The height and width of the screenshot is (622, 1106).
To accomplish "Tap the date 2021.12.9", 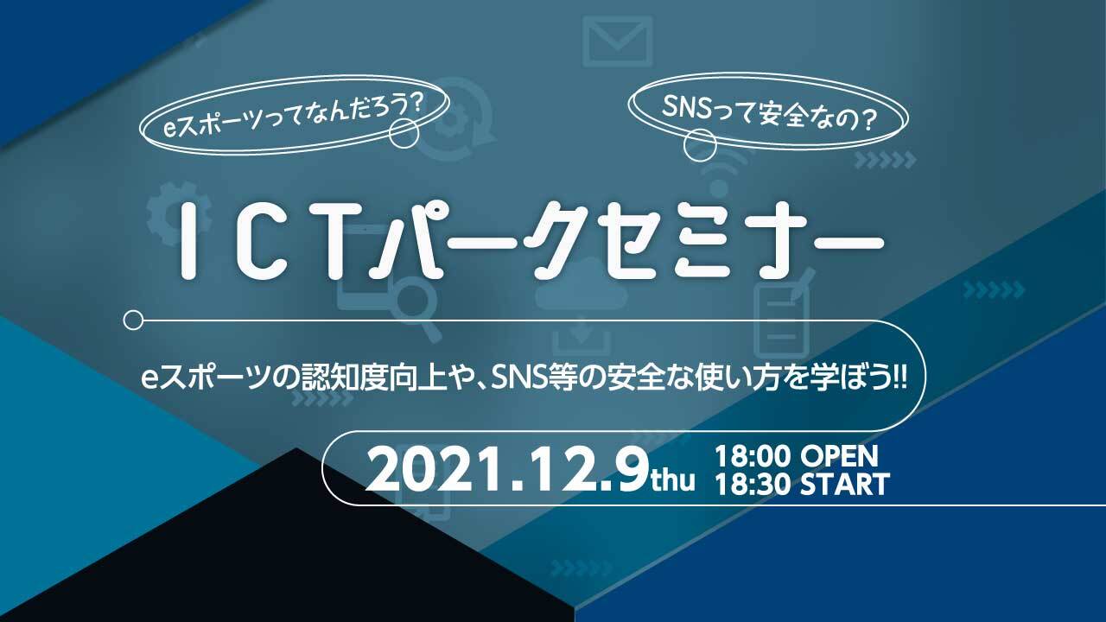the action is click(507, 468).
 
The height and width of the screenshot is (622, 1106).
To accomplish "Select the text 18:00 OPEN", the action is click(797, 457).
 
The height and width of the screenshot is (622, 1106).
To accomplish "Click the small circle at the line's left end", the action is click(133, 321).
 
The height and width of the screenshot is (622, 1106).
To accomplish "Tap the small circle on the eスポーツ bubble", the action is click(404, 133).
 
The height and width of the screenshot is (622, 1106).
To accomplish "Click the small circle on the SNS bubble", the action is click(700, 145).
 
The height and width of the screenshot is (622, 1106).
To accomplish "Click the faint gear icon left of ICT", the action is click(179, 213).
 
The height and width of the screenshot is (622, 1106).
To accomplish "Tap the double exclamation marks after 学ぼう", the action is click(900, 379).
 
